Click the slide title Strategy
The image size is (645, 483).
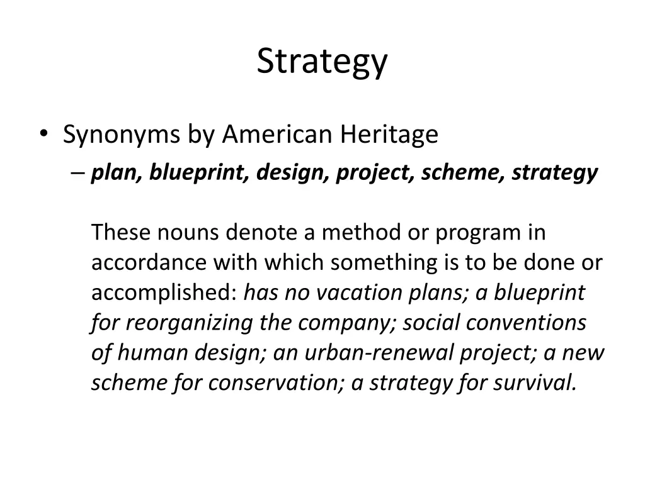pyautogui.click(x=322, y=62)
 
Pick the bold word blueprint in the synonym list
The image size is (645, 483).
pyautogui.click(x=200, y=172)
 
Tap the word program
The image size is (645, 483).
pyautogui.click(x=476, y=233)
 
